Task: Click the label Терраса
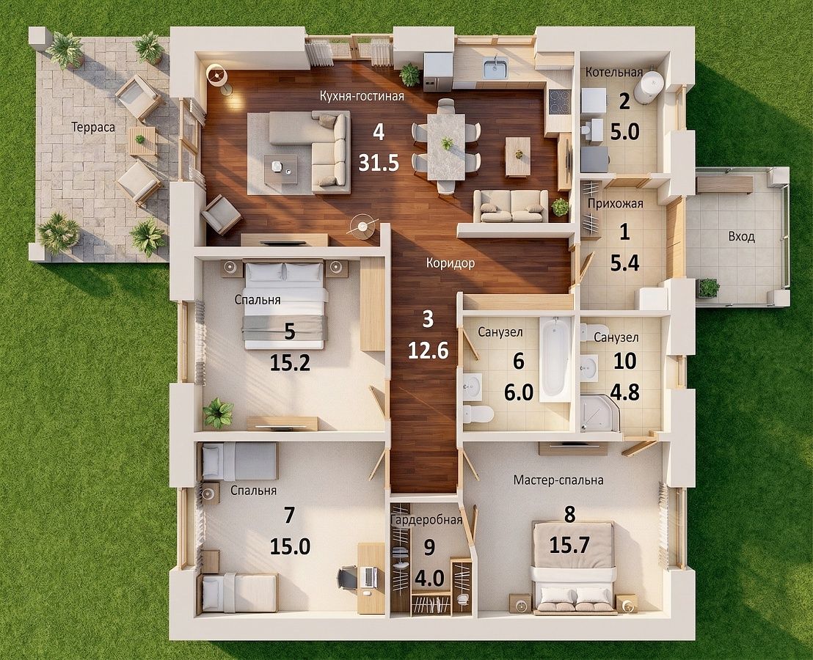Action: pyautogui.click(x=92, y=128)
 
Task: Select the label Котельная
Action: pyautogui.click(x=614, y=72)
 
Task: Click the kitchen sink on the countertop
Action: pyautogui.click(x=495, y=69)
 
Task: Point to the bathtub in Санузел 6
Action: pyautogui.click(x=555, y=359)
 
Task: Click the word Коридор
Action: pyautogui.click(x=450, y=263)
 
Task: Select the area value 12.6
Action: pyautogui.click(x=428, y=351)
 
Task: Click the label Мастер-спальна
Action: pyautogui.click(x=558, y=480)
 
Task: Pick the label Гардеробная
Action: pyautogui.click(x=427, y=520)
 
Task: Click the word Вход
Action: pyautogui.click(x=741, y=237)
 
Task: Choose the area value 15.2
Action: pyautogui.click(x=290, y=363)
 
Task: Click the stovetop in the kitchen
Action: pyautogui.click(x=558, y=101)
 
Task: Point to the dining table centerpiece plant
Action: pyautogui.click(x=446, y=142)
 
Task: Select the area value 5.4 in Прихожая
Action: pyautogui.click(x=624, y=264)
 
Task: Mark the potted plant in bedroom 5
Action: pyautogui.click(x=218, y=413)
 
